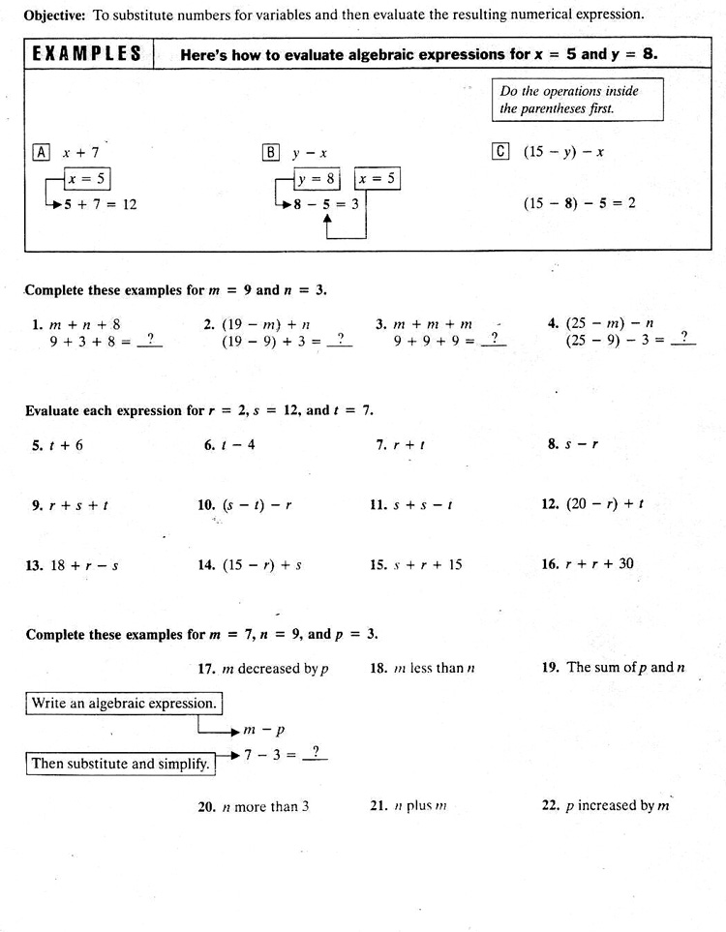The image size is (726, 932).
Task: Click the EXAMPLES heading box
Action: click(x=87, y=54)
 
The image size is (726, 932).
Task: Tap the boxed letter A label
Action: click(x=42, y=152)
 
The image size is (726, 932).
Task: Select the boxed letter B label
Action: click(x=270, y=152)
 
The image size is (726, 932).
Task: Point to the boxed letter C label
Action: click(x=500, y=151)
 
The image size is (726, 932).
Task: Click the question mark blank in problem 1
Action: click(x=150, y=340)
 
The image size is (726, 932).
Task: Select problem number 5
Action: click(x=37, y=445)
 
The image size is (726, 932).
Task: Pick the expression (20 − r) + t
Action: click(x=605, y=503)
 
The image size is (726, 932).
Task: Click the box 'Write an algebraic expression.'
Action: click(x=124, y=704)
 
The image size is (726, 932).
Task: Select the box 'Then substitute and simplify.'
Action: click(x=121, y=764)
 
